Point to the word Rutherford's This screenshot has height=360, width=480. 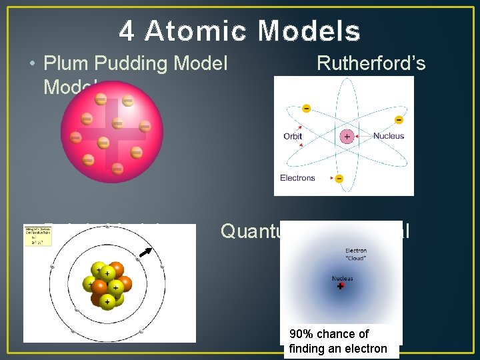371,63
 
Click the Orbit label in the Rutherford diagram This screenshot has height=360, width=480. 293,136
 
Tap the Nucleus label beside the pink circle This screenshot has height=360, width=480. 389,136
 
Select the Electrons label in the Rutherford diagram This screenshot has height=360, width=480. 297,178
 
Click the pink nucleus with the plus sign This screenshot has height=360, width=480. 347,136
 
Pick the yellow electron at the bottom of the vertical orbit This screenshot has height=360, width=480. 339,179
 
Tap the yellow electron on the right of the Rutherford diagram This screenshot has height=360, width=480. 399,120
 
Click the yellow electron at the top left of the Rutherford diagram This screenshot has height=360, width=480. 306,108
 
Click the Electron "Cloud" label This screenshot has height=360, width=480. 355,254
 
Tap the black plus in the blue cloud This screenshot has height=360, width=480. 340,286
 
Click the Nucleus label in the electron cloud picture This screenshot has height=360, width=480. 343,278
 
